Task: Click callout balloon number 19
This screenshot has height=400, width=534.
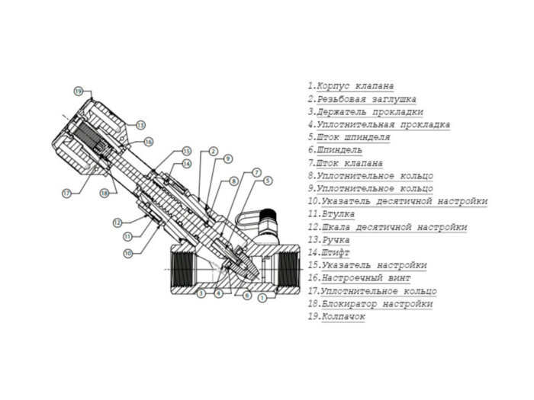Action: (x=78, y=91)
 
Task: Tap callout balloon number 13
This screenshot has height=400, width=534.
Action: (x=140, y=124)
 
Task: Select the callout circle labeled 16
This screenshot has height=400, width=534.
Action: (x=148, y=142)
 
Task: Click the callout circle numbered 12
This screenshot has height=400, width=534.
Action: (x=117, y=222)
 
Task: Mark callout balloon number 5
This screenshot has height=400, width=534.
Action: (x=268, y=181)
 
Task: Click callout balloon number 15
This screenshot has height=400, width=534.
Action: (x=186, y=152)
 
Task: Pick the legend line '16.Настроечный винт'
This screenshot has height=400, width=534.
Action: (x=359, y=278)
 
